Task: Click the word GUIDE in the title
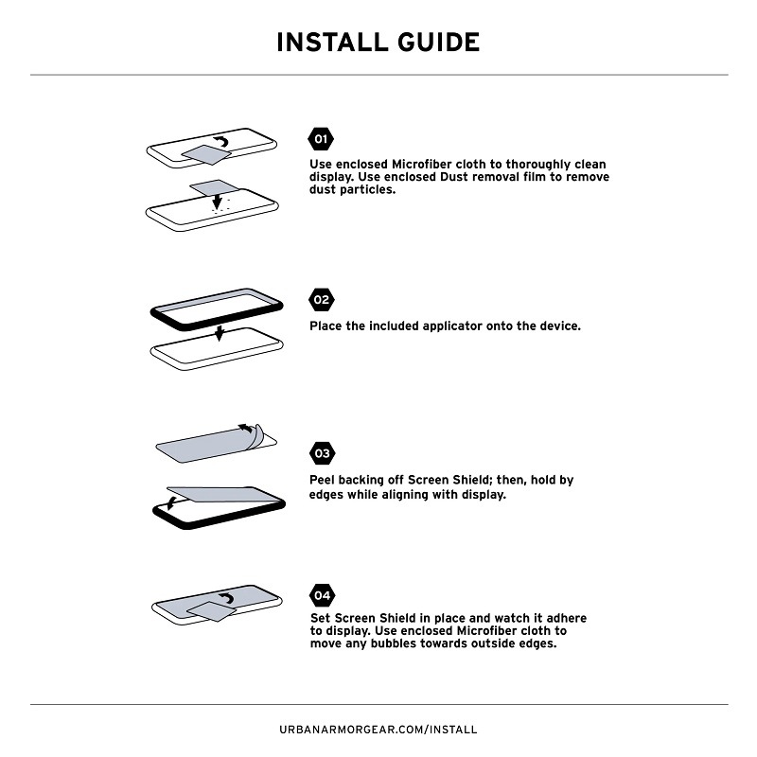point(439,43)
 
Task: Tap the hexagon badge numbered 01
point(321,139)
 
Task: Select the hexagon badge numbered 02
point(321,300)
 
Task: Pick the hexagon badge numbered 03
point(322,453)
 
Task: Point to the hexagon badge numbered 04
point(322,595)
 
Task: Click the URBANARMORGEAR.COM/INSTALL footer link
point(378,730)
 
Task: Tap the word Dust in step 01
point(454,177)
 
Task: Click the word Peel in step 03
point(321,480)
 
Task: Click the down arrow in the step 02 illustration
point(220,333)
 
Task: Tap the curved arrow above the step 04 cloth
point(226,599)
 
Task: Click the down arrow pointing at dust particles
point(218,202)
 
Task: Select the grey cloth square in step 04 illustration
point(211,611)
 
